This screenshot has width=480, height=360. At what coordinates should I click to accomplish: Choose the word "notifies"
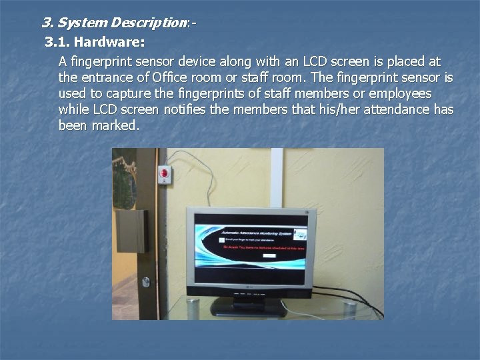(185, 109)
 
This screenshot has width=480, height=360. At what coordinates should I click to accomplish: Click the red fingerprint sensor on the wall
(165, 175)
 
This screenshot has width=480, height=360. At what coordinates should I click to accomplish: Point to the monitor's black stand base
(249, 309)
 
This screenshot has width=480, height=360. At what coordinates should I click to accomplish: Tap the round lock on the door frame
(145, 281)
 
